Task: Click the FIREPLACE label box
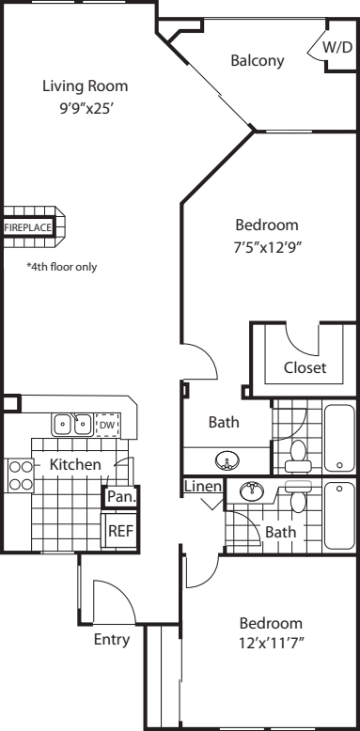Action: click(x=28, y=228)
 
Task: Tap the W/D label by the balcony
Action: click(x=337, y=47)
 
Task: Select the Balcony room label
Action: click(x=258, y=61)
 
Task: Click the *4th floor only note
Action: click(x=62, y=267)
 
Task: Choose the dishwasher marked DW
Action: click(x=108, y=425)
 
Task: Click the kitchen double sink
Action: click(x=72, y=425)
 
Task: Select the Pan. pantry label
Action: click(x=121, y=496)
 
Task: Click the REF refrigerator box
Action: click(x=120, y=531)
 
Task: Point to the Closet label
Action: click(x=305, y=367)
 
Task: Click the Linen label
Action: click(x=203, y=487)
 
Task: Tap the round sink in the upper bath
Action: click(x=227, y=461)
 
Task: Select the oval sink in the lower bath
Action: click(x=252, y=490)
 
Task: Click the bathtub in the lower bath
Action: click(x=340, y=516)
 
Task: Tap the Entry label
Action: click(x=112, y=640)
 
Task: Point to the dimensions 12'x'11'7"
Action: click(x=272, y=645)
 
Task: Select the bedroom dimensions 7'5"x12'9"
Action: click(x=266, y=248)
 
